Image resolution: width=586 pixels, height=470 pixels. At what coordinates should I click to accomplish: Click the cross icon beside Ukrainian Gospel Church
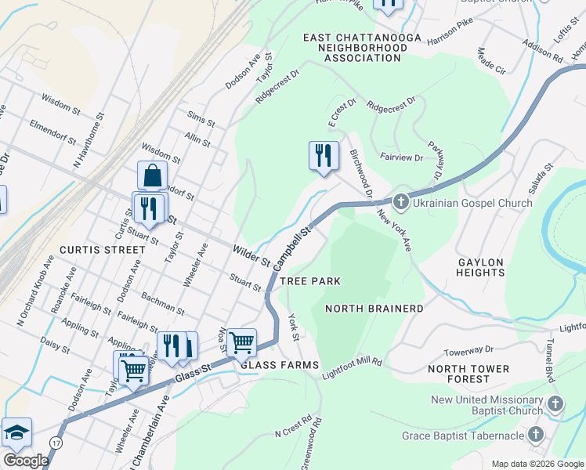tap(400, 203)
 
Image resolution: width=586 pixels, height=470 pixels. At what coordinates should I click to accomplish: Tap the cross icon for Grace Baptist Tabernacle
tap(537, 435)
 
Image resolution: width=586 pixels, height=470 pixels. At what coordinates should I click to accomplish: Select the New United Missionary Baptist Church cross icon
tap(555, 405)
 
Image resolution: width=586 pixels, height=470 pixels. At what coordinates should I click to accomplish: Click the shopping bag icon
tap(152, 176)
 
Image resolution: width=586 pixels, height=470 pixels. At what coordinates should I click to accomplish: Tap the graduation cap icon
tap(16, 432)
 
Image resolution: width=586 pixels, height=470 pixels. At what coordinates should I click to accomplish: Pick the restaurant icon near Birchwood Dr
tap(324, 156)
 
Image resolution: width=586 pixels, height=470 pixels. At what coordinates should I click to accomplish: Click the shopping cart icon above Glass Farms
tap(242, 342)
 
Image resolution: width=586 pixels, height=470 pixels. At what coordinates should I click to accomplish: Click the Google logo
tap(26, 461)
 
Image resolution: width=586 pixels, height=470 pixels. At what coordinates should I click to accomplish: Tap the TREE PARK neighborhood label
tap(310, 281)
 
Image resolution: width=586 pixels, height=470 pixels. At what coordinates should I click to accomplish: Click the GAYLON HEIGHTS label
tap(480, 266)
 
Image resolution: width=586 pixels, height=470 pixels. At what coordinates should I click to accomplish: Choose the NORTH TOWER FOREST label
tap(468, 374)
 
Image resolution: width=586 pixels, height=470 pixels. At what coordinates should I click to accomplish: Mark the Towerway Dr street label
tap(468, 351)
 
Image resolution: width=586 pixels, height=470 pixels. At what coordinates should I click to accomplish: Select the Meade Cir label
tap(491, 61)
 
